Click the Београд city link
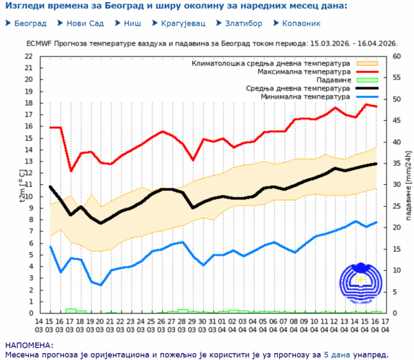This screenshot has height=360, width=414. (30, 24)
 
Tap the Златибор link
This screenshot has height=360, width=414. (244, 24)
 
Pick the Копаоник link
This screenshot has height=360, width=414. (301, 24)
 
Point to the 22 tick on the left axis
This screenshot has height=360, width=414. (29, 56)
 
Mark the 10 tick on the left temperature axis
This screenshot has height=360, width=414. (29, 196)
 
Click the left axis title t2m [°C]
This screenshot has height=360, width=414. (22, 185)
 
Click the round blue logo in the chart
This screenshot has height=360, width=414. (360, 281)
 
